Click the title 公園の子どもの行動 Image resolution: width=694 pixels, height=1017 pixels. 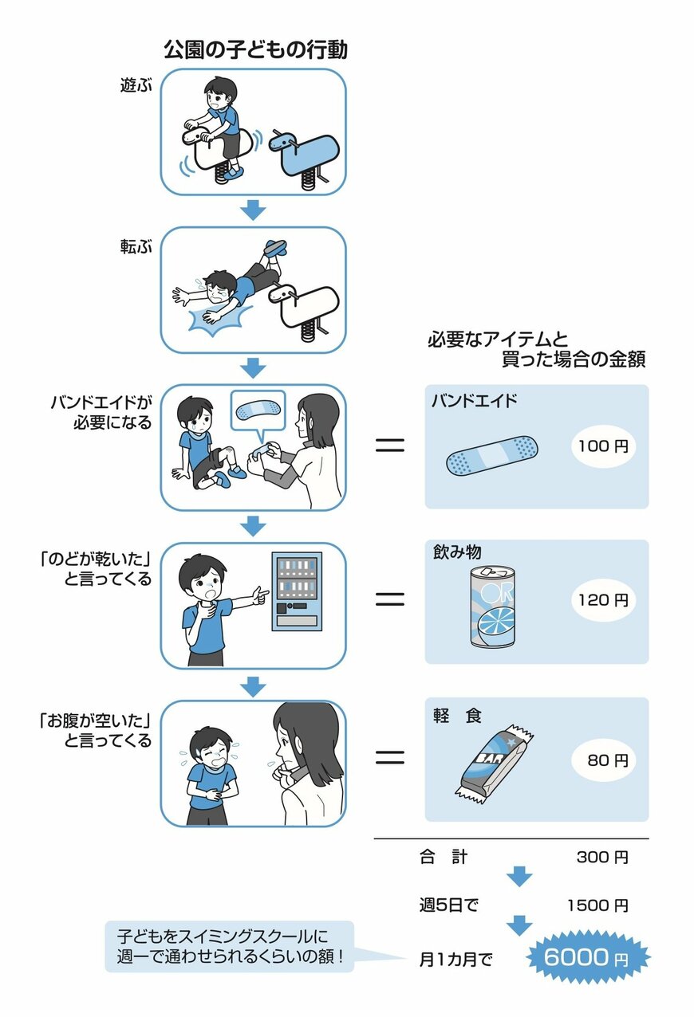(x=255, y=50)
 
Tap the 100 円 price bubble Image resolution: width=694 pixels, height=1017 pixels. (x=603, y=446)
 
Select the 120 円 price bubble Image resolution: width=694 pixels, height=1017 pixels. (x=603, y=599)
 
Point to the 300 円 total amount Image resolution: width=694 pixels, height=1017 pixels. (x=602, y=858)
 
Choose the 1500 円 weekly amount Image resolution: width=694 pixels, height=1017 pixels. (x=597, y=905)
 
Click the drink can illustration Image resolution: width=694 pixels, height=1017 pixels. (x=493, y=605)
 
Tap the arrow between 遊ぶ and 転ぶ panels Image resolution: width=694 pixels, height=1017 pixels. (x=253, y=210)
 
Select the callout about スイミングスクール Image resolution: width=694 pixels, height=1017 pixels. (x=229, y=946)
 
